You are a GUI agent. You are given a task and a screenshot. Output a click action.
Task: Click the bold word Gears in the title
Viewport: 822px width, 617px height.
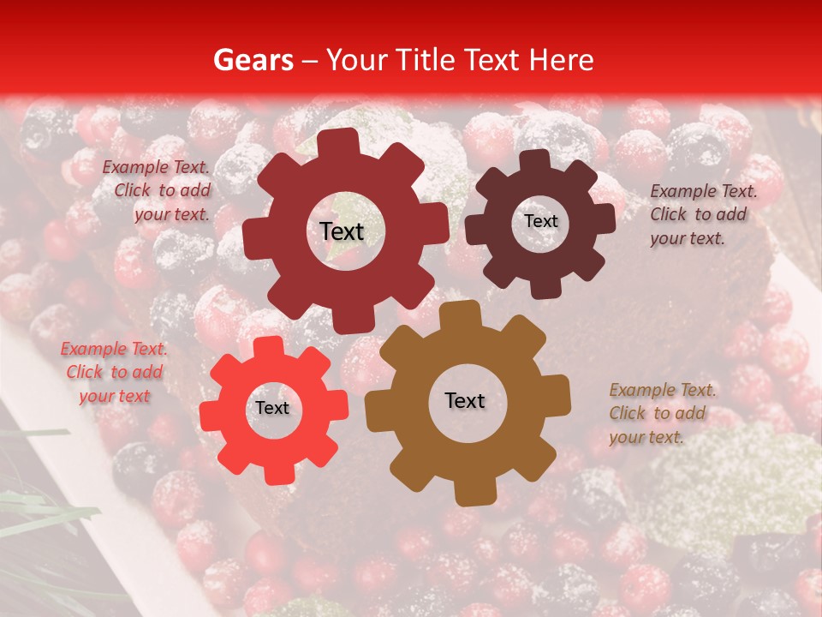tap(253, 61)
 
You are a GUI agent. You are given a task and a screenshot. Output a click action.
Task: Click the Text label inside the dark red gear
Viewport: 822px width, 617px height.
tap(342, 231)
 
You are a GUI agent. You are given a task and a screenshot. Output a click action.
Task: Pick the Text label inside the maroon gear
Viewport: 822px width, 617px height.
tap(540, 221)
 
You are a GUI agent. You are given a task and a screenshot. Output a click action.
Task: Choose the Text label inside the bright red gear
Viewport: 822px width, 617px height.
tap(272, 408)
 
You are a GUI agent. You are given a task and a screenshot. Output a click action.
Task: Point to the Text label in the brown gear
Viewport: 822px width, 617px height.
tap(465, 400)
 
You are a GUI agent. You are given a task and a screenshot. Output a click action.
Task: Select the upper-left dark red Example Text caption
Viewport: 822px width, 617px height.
tap(156, 191)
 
